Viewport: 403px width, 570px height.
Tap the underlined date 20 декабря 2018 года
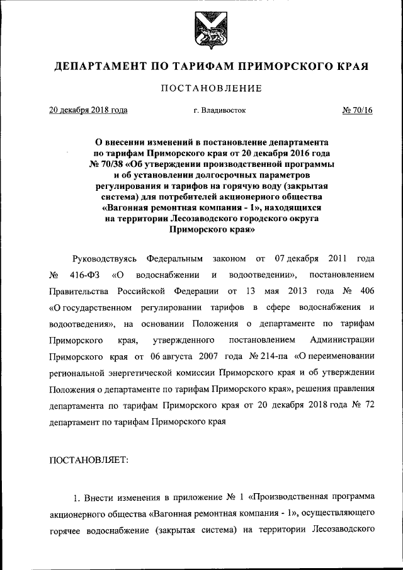click(88, 110)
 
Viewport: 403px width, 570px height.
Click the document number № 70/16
click(358, 110)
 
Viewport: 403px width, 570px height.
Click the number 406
click(366, 292)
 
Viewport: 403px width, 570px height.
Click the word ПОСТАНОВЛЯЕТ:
click(89, 460)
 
